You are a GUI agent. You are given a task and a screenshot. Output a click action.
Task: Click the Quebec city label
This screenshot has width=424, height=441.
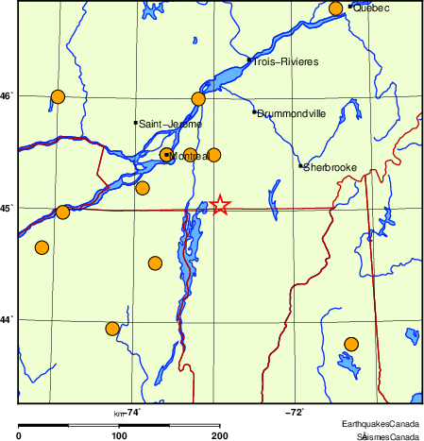[x=373, y=8]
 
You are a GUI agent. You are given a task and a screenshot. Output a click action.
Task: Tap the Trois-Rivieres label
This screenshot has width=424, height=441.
[x=285, y=62]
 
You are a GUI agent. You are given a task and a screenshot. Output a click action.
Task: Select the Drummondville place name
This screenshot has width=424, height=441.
[x=292, y=113]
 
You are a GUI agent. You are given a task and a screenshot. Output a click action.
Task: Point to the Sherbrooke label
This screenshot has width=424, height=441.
[x=331, y=168]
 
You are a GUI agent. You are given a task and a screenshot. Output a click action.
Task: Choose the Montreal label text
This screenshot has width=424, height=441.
[x=190, y=155]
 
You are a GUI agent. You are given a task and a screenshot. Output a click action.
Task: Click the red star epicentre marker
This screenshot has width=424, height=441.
[x=220, y=205]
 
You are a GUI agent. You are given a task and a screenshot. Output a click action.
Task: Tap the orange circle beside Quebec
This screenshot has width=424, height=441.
[x=336, y=9]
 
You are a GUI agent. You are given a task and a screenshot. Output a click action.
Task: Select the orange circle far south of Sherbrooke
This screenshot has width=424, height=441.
[x=351, y=344]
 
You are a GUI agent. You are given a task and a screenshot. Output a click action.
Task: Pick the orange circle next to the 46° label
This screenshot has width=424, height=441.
[x=58, y=96]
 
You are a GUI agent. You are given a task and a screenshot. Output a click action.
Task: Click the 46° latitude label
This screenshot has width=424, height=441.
[x=6, y=95]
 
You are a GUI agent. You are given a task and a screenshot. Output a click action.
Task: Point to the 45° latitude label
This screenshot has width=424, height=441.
[x=6, y=208]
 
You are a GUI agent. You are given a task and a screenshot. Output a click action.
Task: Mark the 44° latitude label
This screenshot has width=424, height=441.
[x=6, y=320]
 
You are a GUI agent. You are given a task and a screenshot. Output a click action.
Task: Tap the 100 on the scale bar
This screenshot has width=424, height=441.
[x=119, y=435]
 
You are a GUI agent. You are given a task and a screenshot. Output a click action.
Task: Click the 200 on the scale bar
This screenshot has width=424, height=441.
[x=219, y=435]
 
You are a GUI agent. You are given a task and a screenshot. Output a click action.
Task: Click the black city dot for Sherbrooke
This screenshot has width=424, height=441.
[x=300, y=166]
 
